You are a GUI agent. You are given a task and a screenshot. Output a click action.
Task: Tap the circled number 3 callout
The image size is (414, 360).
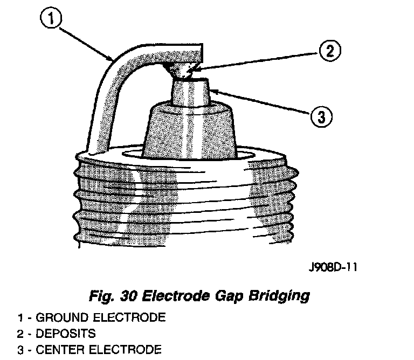pos(321,115)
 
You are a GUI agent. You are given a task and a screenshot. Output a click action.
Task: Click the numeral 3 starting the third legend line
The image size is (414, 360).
pos(20,350)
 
